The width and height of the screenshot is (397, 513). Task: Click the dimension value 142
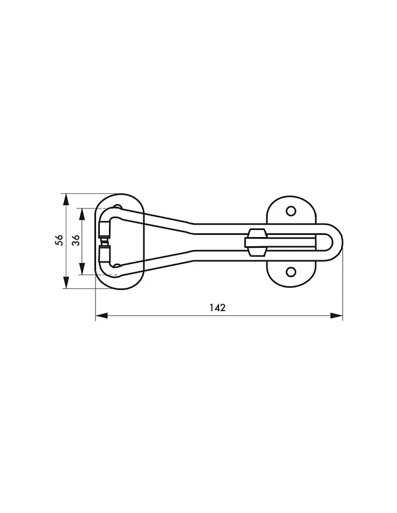pyautogui.click(x=217, y=308)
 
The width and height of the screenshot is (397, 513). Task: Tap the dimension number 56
pyautogui.click(x=59, y=240)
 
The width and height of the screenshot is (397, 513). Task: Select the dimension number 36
pyautogui.click(x=76, y=240)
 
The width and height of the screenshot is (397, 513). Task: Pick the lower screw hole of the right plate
pyautogui.click(x=291, y=272)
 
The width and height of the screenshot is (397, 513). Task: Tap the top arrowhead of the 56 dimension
pyautogui.click(x=66, y=200)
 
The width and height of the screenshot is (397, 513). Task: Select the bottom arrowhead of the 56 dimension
pyautogui.click(x=66, y=282)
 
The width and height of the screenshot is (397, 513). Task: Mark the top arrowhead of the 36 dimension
pyautogui.click(x=82, y=215)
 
